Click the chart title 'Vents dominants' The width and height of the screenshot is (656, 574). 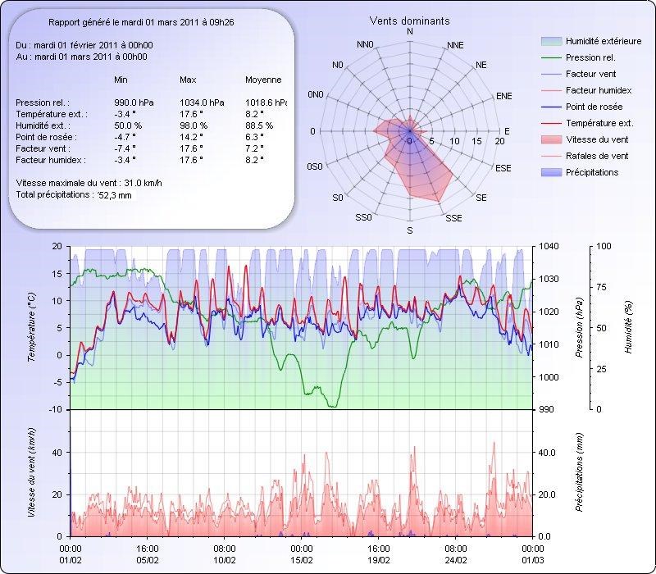409,20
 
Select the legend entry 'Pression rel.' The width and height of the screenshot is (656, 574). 591,58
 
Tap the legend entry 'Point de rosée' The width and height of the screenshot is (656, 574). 594,107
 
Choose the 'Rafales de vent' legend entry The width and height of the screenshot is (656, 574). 597,156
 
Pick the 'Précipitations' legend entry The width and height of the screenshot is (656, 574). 591,172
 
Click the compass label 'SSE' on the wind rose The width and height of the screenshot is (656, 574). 453,218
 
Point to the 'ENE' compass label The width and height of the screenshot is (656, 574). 504,97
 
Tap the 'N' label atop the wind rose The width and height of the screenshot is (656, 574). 410,31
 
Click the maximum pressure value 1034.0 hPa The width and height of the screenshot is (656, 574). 198,102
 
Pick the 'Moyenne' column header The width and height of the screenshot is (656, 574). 263,80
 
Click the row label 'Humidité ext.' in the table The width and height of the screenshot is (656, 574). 51,125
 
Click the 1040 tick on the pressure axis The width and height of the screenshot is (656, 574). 549,247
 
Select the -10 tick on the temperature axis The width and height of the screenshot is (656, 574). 57,409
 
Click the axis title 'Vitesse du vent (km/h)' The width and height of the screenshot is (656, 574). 31,471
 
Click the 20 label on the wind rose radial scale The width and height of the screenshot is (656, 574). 499,142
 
